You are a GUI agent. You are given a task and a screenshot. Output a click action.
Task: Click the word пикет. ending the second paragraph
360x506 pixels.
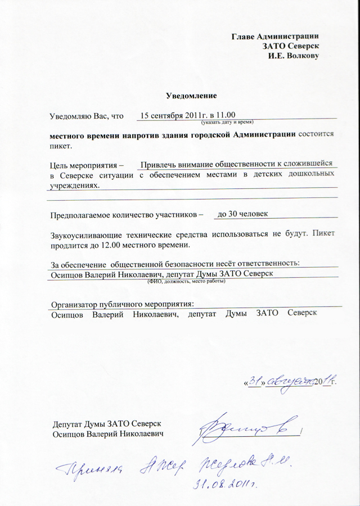click(61, 146)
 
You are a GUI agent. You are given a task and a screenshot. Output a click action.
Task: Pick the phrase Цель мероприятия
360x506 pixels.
click(84, 166)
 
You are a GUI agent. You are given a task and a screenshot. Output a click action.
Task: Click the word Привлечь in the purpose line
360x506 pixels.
click(156, 164)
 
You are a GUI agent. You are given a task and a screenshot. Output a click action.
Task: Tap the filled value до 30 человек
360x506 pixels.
click(242, 214)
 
